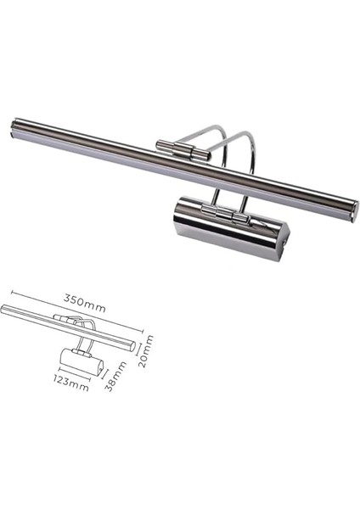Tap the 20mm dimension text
(x=149, y=347)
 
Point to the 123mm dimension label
(x=70, y=387)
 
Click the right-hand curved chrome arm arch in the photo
(x=250, y=165)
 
